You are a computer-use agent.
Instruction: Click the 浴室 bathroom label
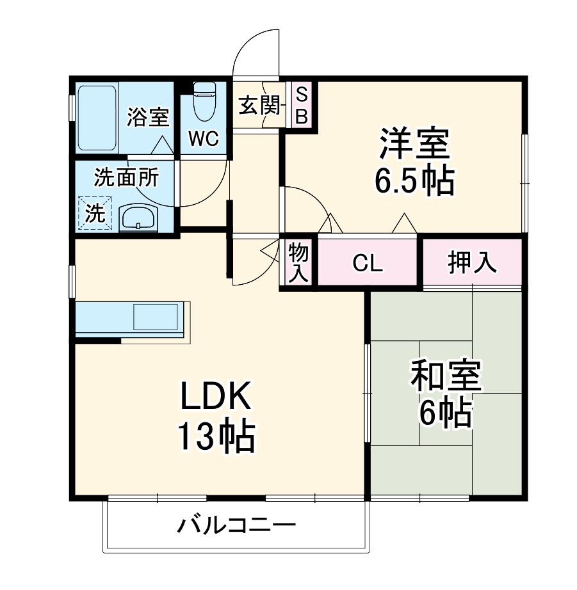coord(148,118)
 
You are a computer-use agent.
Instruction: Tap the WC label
coord(204,138)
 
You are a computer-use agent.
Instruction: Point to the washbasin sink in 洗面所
coord(137,218)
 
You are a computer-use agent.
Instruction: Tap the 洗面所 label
coord(126,178)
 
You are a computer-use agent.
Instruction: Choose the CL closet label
coord(368,264)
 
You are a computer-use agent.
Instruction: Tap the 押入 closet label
coord(472,263)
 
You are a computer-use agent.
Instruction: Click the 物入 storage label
coord(298,262)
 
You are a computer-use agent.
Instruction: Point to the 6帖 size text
coord(446,415)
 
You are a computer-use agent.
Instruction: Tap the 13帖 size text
coord(216,438)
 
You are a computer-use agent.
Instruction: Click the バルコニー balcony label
coord(236,527)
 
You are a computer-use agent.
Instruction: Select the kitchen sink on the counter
coord(156,317)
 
